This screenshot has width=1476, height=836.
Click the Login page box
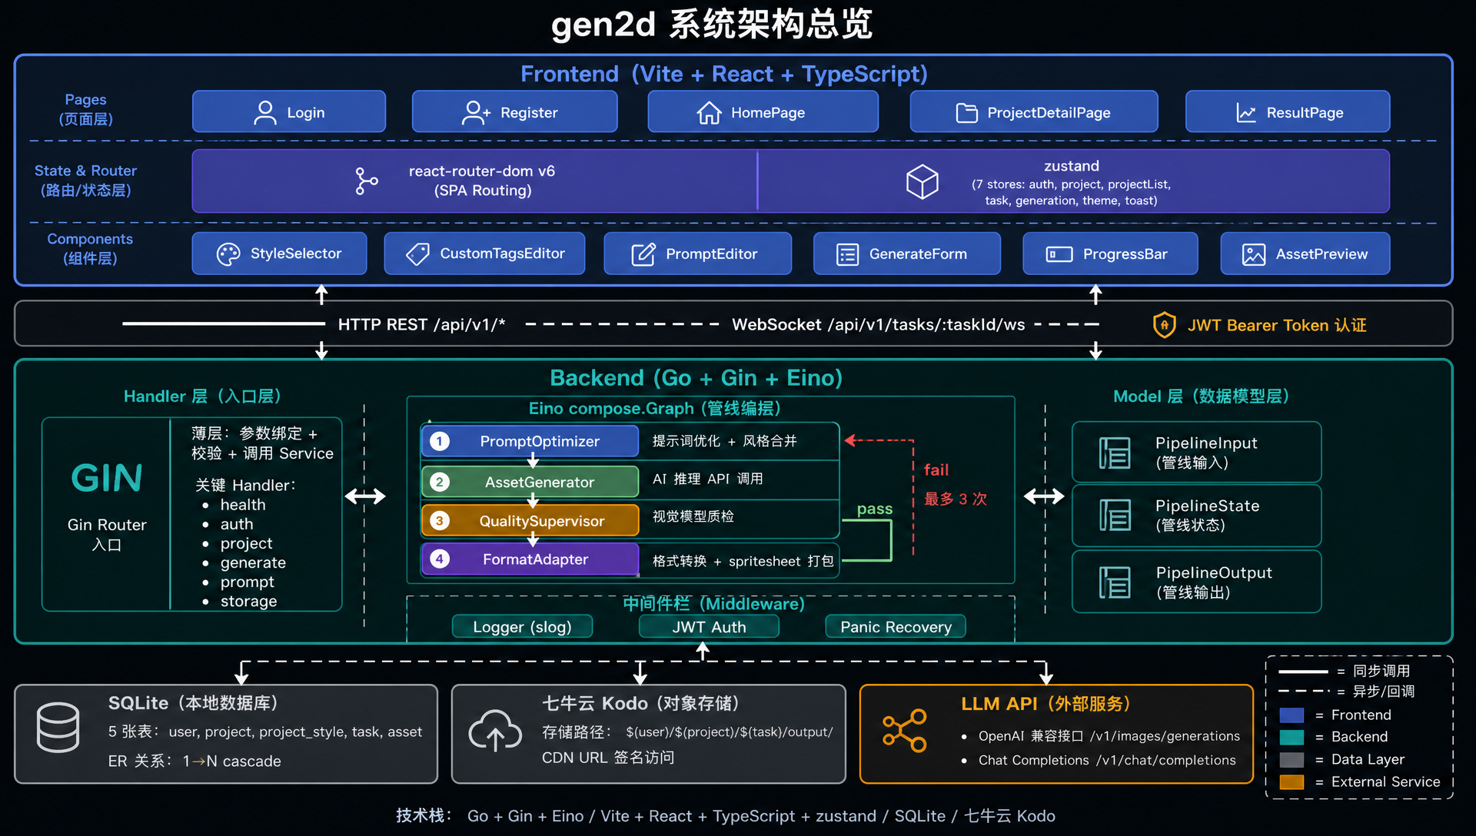pos(289,112)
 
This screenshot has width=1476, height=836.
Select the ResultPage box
pos(1288,112)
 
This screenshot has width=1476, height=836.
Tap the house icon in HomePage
pos(709,113)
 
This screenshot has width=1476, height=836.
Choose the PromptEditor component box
pos(697,254)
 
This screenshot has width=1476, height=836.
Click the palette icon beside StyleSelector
pos(228,254)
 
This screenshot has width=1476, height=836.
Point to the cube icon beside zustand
pos(922,182)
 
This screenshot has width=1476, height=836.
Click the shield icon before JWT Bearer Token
pos(1165,325)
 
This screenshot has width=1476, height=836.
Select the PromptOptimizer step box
pos(530,441)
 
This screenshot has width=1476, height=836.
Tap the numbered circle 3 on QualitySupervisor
pos(439,521)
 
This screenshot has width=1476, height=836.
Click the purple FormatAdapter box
pos(530,559)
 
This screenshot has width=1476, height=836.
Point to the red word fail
pos(936,469)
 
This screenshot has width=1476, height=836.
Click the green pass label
pos(875,509)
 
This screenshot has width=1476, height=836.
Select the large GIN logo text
pos(107,478)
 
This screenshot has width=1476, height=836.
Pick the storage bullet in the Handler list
pos(248,601)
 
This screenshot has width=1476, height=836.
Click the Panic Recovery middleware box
pos(896,627)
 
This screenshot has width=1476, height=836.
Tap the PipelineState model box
pos(1196,516)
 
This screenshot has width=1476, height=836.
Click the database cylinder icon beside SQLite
pos(58,728)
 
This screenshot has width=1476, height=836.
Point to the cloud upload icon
pos(495,730)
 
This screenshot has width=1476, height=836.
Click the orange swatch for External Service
pos(1291,782)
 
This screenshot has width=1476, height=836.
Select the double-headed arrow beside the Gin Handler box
pos(365,496)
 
